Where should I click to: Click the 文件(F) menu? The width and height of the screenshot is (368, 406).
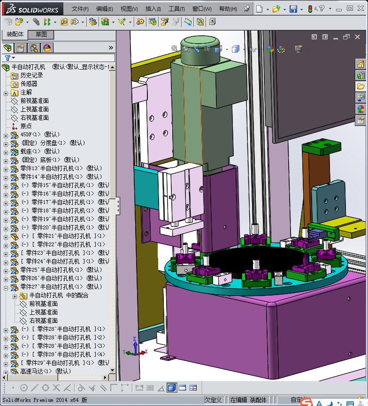(80, 9)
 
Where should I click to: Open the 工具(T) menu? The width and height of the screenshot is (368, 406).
(176, 9)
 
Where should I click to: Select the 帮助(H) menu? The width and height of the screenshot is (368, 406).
(228, 9)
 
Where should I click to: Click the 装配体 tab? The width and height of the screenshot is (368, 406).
(15, 34)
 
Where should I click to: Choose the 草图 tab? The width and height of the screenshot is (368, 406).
(41, 34)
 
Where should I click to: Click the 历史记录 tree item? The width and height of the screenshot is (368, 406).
(31, 75)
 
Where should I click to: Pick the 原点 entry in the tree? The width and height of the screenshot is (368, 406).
(26, 126)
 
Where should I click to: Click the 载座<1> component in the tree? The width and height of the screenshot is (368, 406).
(39, 151)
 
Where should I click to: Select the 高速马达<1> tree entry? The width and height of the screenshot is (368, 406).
(45, 371)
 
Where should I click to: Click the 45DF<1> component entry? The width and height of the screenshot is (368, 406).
(39, 134)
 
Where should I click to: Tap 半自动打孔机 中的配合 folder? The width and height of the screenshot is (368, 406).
(58, 296)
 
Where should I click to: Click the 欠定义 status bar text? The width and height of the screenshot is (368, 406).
(213, 400)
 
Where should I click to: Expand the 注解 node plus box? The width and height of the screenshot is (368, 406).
(6, 93)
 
